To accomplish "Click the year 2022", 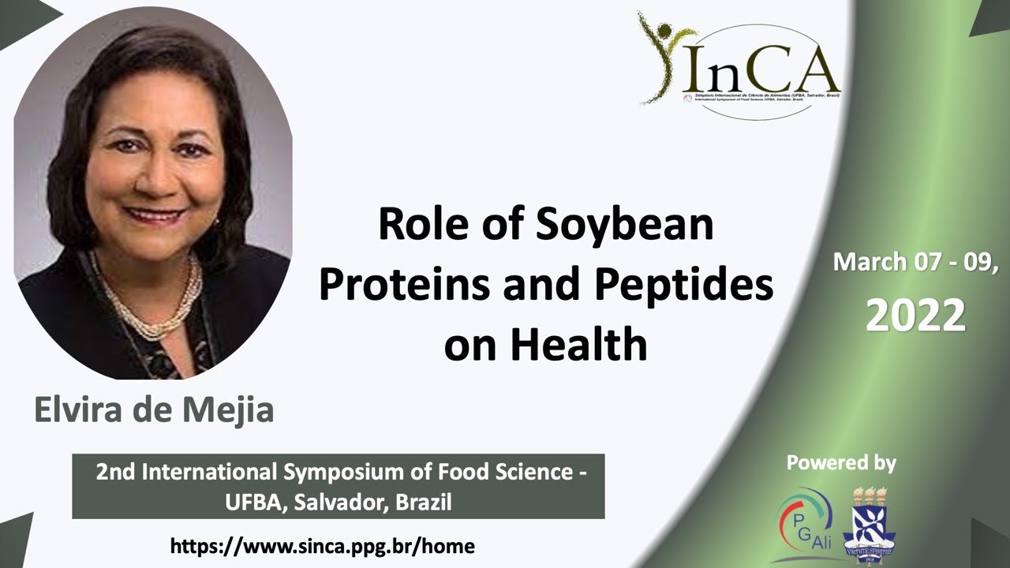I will [915, 316].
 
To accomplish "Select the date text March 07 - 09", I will [915, 262].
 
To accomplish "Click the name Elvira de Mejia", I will [154, 410].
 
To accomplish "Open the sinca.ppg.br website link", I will [323, 545].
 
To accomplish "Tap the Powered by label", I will [841, 463].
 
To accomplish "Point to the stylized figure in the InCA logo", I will [659, 55].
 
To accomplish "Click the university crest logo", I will [870, 525].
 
